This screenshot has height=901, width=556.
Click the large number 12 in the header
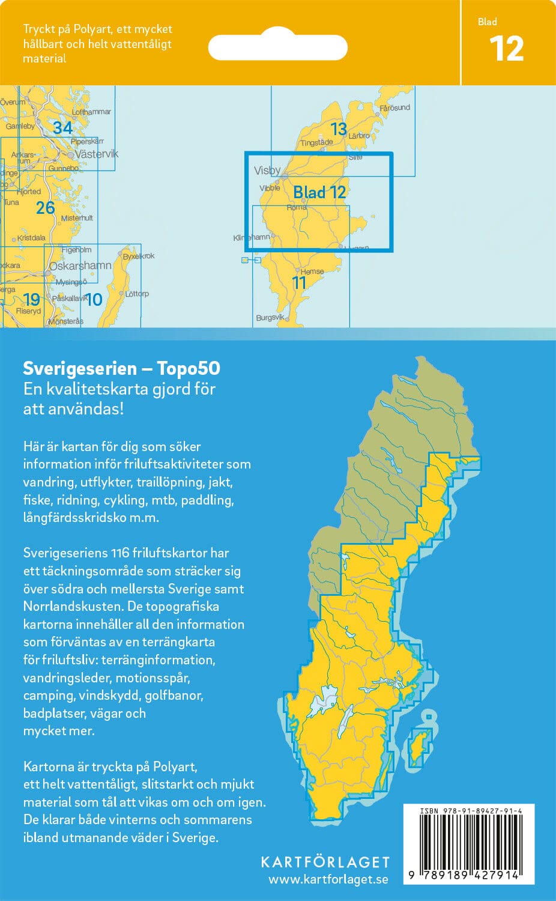pos(507,49)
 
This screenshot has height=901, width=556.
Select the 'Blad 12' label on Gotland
pos(319,192)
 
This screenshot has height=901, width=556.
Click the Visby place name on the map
pos(267,171)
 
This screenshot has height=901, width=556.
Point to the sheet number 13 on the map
pos(339,129)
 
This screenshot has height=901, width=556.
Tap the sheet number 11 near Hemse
pos(299,283)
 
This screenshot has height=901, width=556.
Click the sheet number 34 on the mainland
pos(62,127)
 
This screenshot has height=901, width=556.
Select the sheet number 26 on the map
pos(46,208)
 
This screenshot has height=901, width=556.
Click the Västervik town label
pos(97,154)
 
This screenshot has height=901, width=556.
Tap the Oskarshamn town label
pos(80,265)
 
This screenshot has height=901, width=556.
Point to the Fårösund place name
pos(394,108)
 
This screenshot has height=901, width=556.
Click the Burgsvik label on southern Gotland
pos(270,317)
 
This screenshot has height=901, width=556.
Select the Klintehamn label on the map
pos(252,238)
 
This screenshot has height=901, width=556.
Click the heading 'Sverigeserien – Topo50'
pos(121,368)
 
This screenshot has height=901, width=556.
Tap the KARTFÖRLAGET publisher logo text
pos(325,862)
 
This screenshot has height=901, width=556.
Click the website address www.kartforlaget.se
pos(328,880)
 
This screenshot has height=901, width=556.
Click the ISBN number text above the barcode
pos(471,811)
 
